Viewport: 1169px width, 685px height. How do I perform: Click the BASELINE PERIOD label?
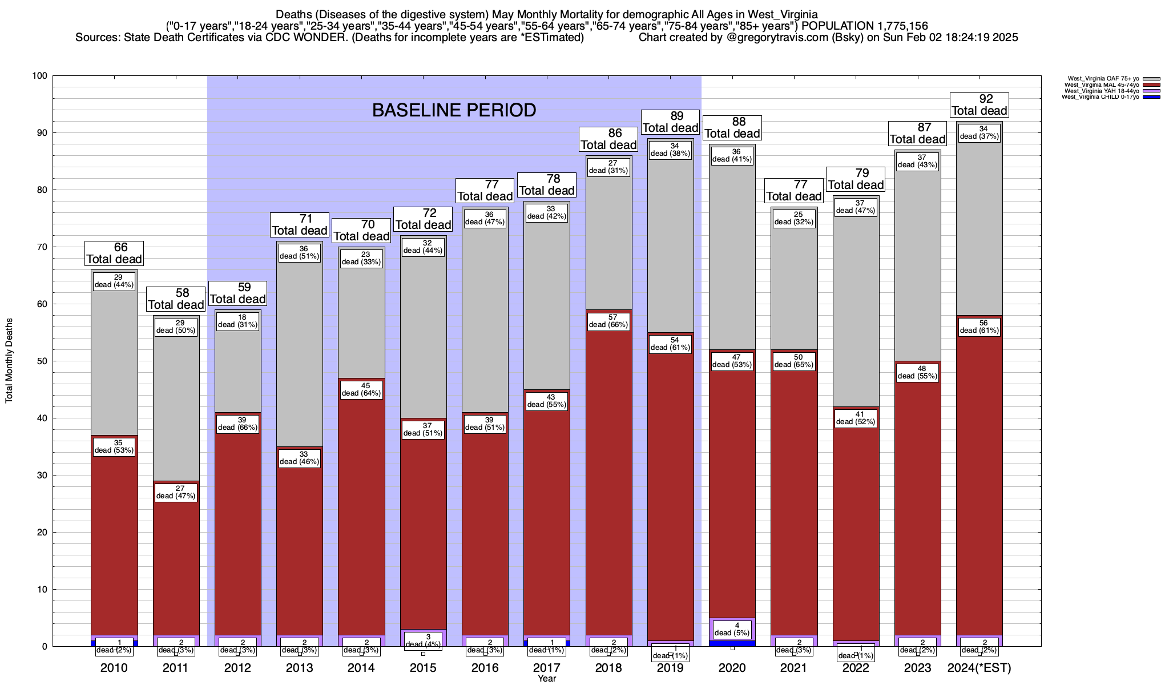point(454,110)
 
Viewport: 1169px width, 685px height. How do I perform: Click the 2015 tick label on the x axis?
point(423,668)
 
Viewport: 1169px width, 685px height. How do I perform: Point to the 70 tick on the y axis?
point(42,247)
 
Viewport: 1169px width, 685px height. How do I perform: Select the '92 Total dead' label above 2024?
point(979,105)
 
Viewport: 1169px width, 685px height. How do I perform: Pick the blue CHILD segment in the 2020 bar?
point(732,643)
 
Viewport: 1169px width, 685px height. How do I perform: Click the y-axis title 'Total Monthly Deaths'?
point(9,361)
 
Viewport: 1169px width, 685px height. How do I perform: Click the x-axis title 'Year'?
point(547,679)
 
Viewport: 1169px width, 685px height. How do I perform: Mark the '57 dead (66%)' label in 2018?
point(609,321)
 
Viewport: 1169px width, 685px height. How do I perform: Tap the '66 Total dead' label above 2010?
point(114,253)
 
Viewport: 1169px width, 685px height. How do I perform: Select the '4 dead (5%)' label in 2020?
point(732,629)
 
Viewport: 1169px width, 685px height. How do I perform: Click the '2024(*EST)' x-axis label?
point(979,668)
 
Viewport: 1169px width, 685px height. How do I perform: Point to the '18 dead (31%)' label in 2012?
point(238,321)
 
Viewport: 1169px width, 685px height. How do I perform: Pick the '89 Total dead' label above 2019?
point(671,122)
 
